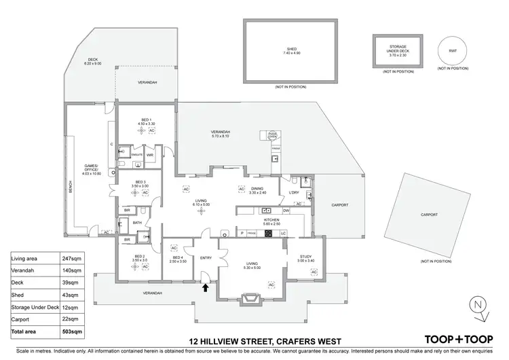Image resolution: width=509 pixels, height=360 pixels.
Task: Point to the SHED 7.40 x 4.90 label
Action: pos(291,51)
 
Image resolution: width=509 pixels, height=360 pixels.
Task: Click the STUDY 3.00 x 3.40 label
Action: pos(305,258)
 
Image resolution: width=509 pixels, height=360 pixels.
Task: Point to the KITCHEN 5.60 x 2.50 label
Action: pos(272,221)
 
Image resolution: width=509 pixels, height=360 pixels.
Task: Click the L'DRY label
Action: pos(294,192)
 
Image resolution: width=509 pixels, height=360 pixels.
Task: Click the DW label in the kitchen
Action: pos(286,211)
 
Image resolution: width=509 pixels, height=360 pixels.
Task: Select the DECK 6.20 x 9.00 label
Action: pos(92,61)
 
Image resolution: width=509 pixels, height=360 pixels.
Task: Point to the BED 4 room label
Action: pos(178,259)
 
